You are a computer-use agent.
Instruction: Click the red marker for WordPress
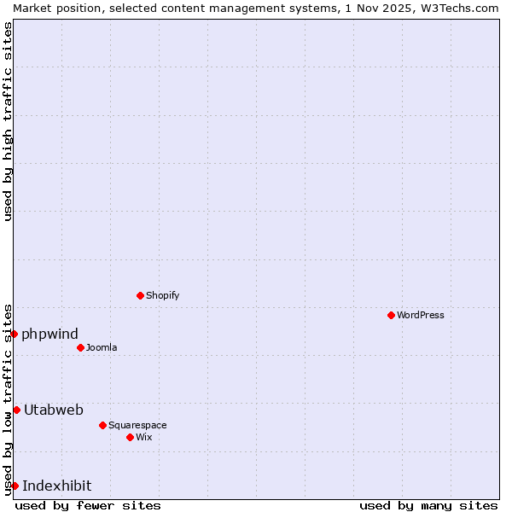pyautogui.click(x=391, y=315)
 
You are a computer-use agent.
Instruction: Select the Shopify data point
pyautogui.click(x=140, y=295)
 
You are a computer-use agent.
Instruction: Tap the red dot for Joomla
pyautogui.click(x=80, y=347)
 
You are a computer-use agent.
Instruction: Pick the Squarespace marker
pyautogui.click(x=102, y=425)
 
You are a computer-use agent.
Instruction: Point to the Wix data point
pyautogui.click(x=130, y=437)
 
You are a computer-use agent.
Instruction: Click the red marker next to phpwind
pyautogui.click(x=15, y=334)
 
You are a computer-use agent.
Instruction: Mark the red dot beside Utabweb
pyautogui.click(x=16, y=410)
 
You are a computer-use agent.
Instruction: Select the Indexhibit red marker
pyautogui.click(x=15, y=486)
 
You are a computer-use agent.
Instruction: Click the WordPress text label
pyautogui.click(x=421, y=315)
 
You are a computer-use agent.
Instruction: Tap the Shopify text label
pyautogui.click(x=162, y=295)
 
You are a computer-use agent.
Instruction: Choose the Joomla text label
pyautogui.click(x=102, y=347)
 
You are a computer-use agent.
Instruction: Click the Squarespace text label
pyautogui.click(x=137, y=425)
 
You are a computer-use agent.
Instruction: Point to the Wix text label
pyautogui.click(x=144, y=437)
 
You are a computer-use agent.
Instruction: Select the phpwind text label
pyautogui.click(x=49, y=334)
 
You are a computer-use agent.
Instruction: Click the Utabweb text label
pyautogui.click(x=54, y=410)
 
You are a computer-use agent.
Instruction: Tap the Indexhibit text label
pyautogui.click(x=56, y=486)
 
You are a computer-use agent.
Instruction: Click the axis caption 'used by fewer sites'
pyautogui.click(x=88, y=505)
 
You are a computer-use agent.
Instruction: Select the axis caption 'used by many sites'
pyautogui.click(x=428, y=505)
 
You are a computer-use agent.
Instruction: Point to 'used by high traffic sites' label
pyautogui.click(x=8, y=121)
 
